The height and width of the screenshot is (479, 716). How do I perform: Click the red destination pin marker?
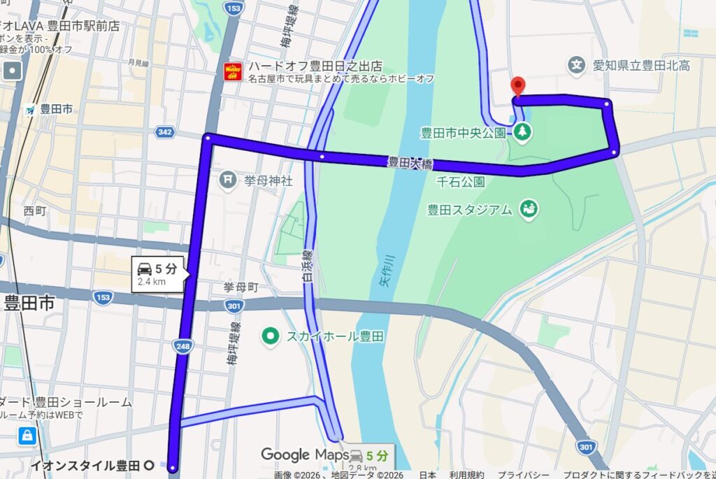click(x=517, y=86)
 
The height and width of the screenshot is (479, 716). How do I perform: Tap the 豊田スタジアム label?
click(x=470, y=208)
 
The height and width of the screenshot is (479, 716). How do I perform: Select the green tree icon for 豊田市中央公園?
click(x=522, y=131)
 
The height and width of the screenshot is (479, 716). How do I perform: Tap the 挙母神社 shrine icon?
click(x=227, y=180)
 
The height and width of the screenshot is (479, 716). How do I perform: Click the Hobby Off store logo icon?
click(x=232, y=71)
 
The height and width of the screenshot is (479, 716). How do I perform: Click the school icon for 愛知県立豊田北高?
click(x=576, y=66)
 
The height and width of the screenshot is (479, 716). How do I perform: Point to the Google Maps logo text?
click(x=304, y=455)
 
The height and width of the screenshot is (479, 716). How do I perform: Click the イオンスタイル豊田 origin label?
click(x=85, y=465)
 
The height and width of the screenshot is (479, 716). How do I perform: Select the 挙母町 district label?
click(x=241, y=287)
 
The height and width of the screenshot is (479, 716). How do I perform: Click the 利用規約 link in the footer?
click(x=466, y=475)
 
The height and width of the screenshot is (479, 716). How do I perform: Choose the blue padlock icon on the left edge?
click(x=28, y=436)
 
